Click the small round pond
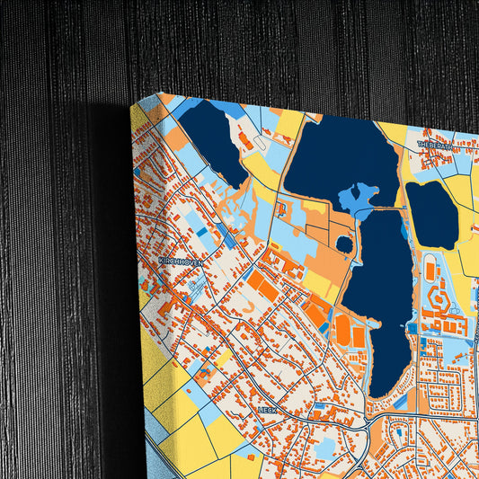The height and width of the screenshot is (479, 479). tap(344, 244)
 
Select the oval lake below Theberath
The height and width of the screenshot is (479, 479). tap(431, 214)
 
